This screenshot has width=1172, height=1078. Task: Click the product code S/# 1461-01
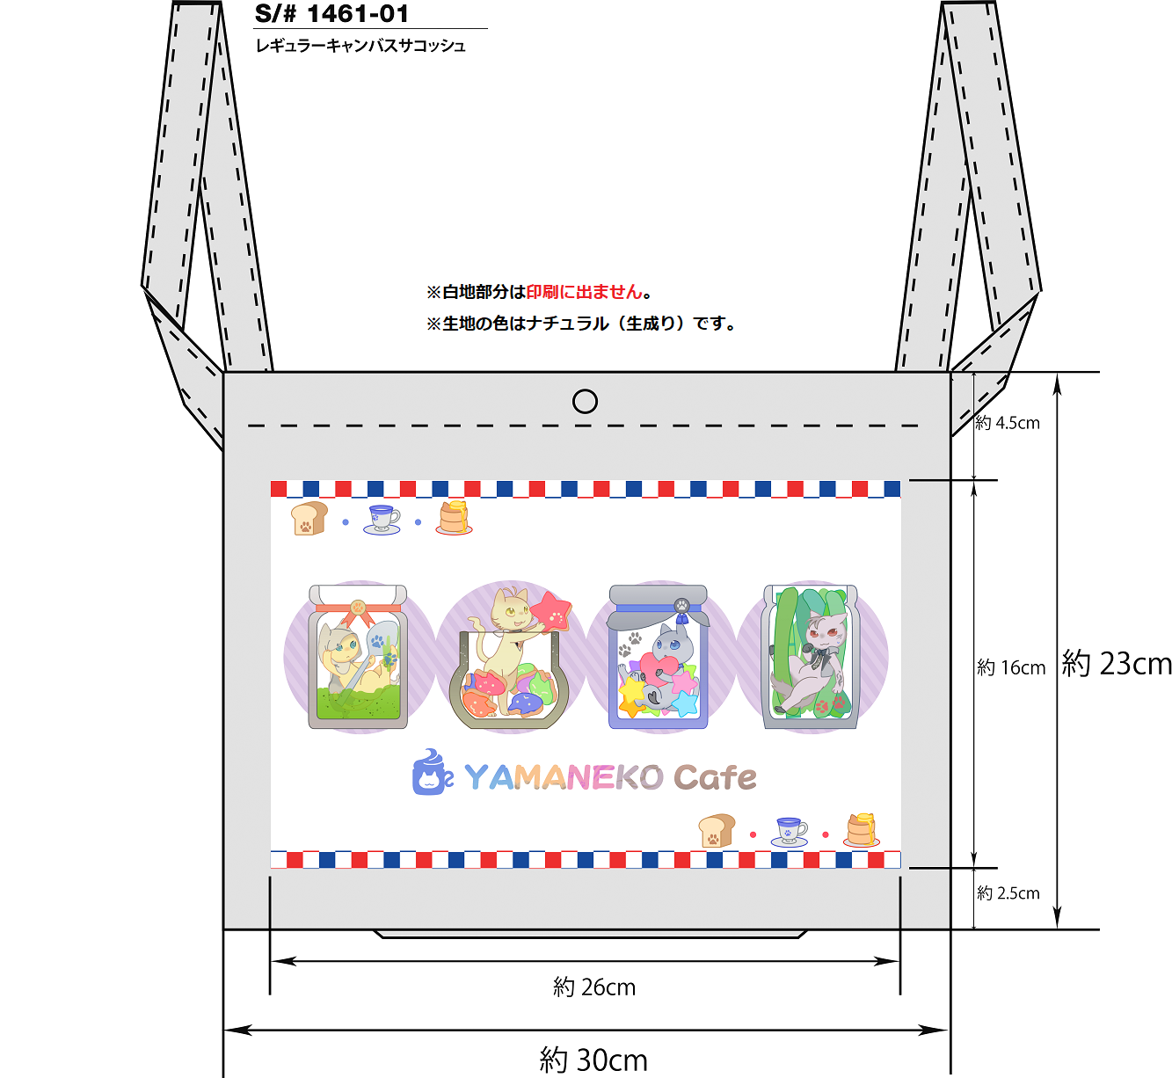click(x=331, y=13)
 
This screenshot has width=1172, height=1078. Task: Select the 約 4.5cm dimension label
click(x=1008, y=422)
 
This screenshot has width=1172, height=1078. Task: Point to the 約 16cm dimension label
click(x=1011, y=666)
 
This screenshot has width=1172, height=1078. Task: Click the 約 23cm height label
click(x=1117, y=664)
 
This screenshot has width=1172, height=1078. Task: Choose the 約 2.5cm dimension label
click(x=1008, y=892)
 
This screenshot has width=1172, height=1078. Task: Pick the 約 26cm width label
click(x=594, y=987)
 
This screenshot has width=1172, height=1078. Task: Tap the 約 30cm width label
click(x=593, y=1060)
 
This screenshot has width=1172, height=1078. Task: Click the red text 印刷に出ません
click(x=585, y=292)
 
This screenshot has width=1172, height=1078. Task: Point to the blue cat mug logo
click(x=432, y=772)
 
